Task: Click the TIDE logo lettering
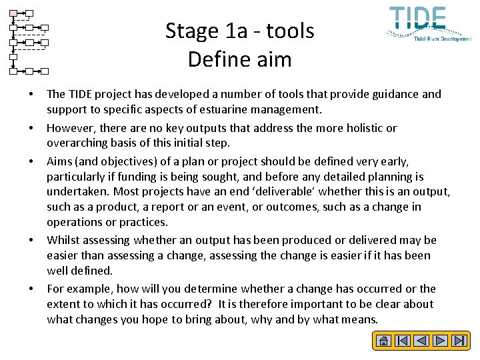pyautogui.click(x=418, y=19)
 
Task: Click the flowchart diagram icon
pyautogui.click(x=29, y=41)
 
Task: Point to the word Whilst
pyautogui.click(x=62, y=240)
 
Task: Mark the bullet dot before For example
pyautogui.click(x=31, y=289)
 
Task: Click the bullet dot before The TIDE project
pyautogui.click(x=31, y=94)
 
